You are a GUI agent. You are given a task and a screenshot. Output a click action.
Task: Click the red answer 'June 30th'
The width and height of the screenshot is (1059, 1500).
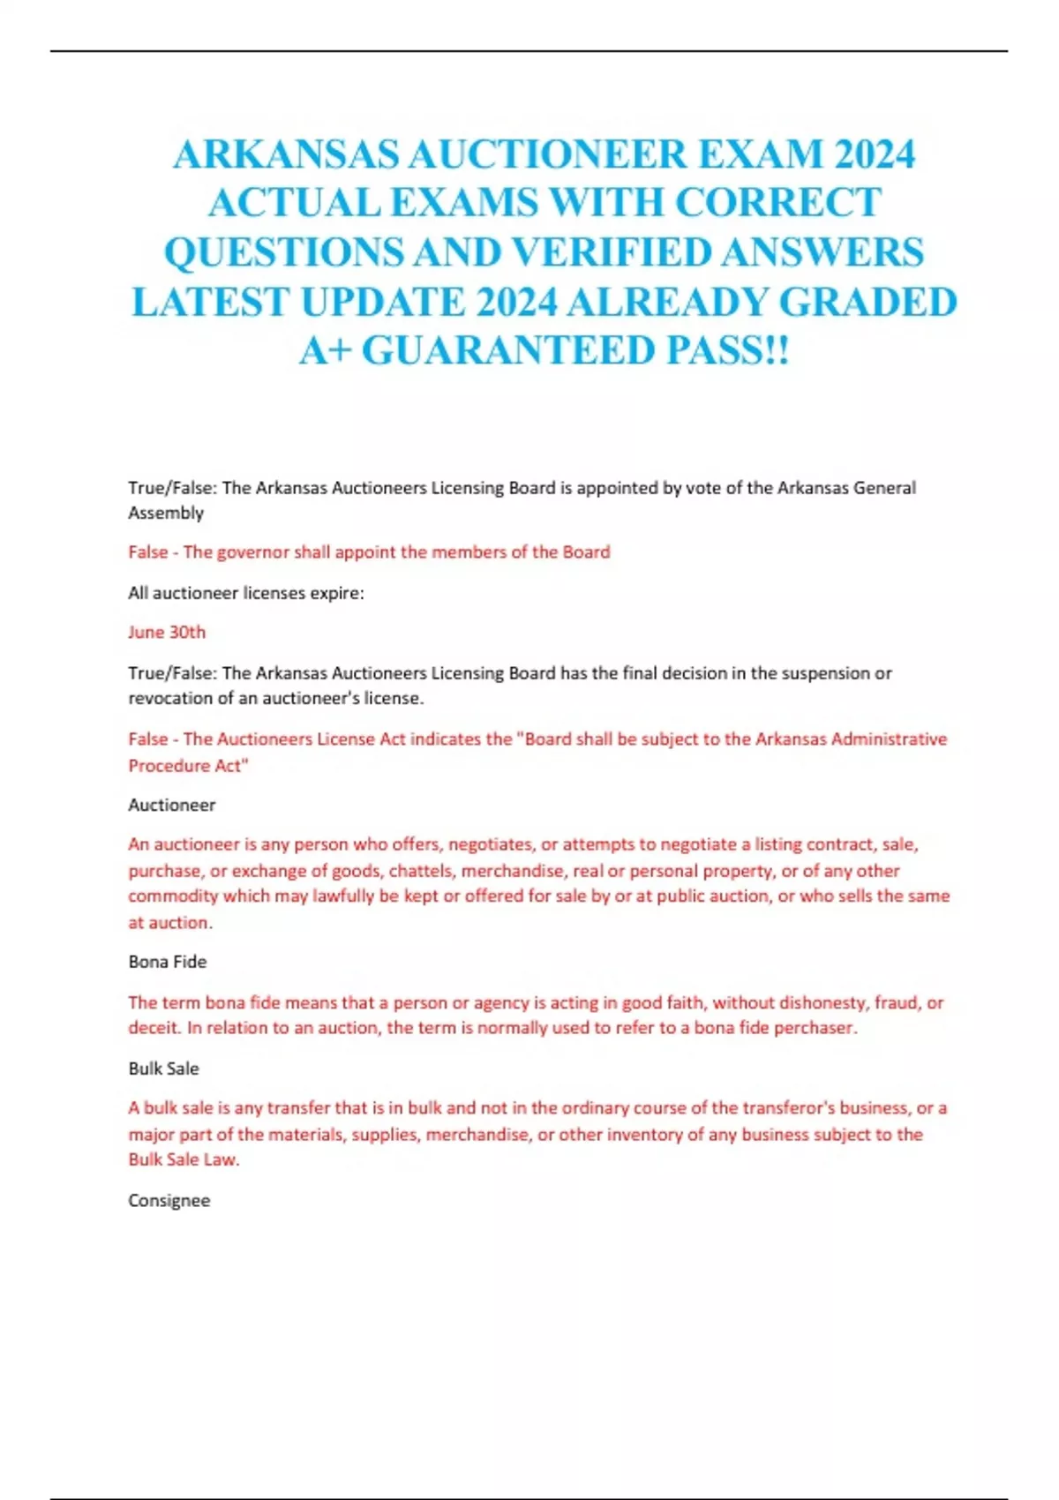point(167,632)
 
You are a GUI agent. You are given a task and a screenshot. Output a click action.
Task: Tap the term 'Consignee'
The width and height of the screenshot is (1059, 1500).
point(169,1201)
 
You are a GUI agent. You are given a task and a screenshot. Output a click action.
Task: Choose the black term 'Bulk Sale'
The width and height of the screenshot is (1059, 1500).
point(164,1069)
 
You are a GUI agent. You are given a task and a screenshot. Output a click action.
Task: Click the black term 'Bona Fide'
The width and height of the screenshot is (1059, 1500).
point(168,962)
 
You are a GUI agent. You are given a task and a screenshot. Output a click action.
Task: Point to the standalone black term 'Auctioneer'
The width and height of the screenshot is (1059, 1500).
point(172,805)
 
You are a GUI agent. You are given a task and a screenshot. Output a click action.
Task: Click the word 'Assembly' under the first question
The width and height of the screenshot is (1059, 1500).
point(166,513)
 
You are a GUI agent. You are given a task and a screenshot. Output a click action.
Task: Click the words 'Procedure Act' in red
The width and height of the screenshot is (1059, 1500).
point(188,766)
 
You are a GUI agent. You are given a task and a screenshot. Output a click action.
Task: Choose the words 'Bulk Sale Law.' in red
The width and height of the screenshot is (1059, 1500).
point(184,1160)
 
